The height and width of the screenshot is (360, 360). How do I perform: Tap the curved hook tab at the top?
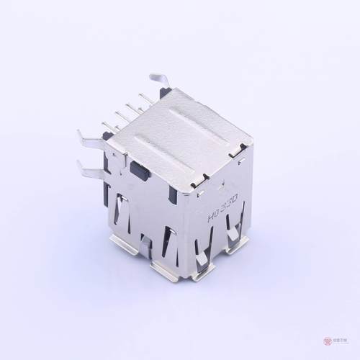point(160,80)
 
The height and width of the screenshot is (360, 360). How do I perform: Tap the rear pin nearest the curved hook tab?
point(146,97)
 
